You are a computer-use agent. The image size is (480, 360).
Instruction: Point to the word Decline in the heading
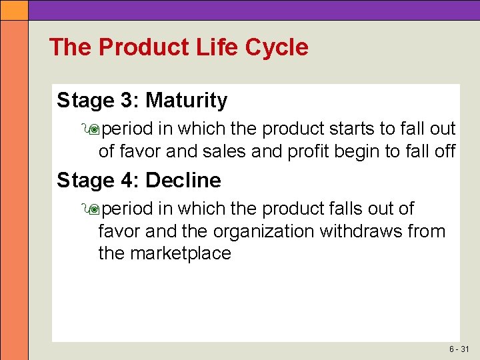coord(183,181)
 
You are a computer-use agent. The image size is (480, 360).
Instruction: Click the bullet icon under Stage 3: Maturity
coord(93,129)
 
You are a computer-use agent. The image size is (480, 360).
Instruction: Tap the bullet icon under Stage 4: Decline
coord(93,209)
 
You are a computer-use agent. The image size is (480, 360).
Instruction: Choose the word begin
coord(359,151)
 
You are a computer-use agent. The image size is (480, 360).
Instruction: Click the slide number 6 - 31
coord(459,349)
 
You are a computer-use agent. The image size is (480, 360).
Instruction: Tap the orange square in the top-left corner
coord(14,9)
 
